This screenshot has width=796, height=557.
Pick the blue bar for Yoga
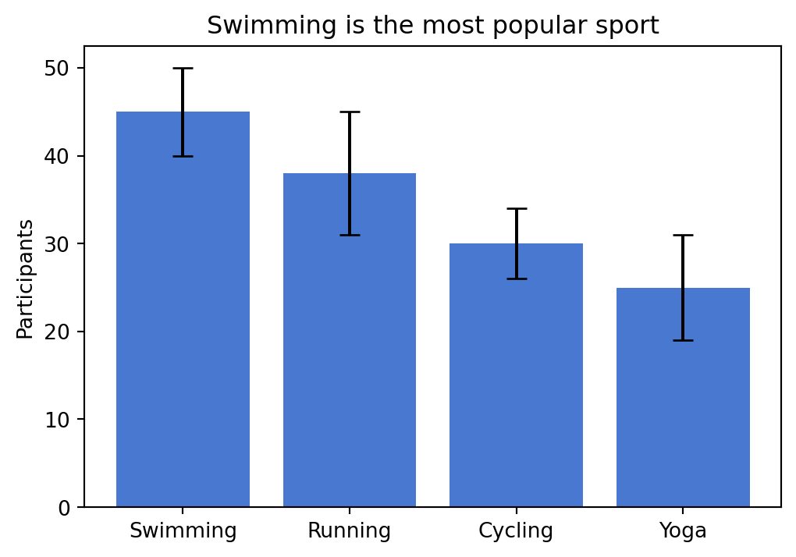(683, 406)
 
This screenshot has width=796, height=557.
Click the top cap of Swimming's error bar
(183, 69)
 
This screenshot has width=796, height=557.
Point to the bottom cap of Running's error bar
(350, 235)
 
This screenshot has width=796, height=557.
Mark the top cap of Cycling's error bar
(516, 209)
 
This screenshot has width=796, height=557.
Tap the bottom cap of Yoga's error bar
(683, 340)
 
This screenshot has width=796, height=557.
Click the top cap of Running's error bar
(350, 112)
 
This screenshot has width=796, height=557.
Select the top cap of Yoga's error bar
(683, 235)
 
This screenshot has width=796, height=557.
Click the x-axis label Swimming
(183, 531)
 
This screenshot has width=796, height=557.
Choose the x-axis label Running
(350, 531)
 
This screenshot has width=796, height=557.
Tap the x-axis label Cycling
(516, 531)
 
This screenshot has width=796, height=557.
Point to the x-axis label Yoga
(683, 531)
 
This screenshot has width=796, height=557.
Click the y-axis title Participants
(26, 278)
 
